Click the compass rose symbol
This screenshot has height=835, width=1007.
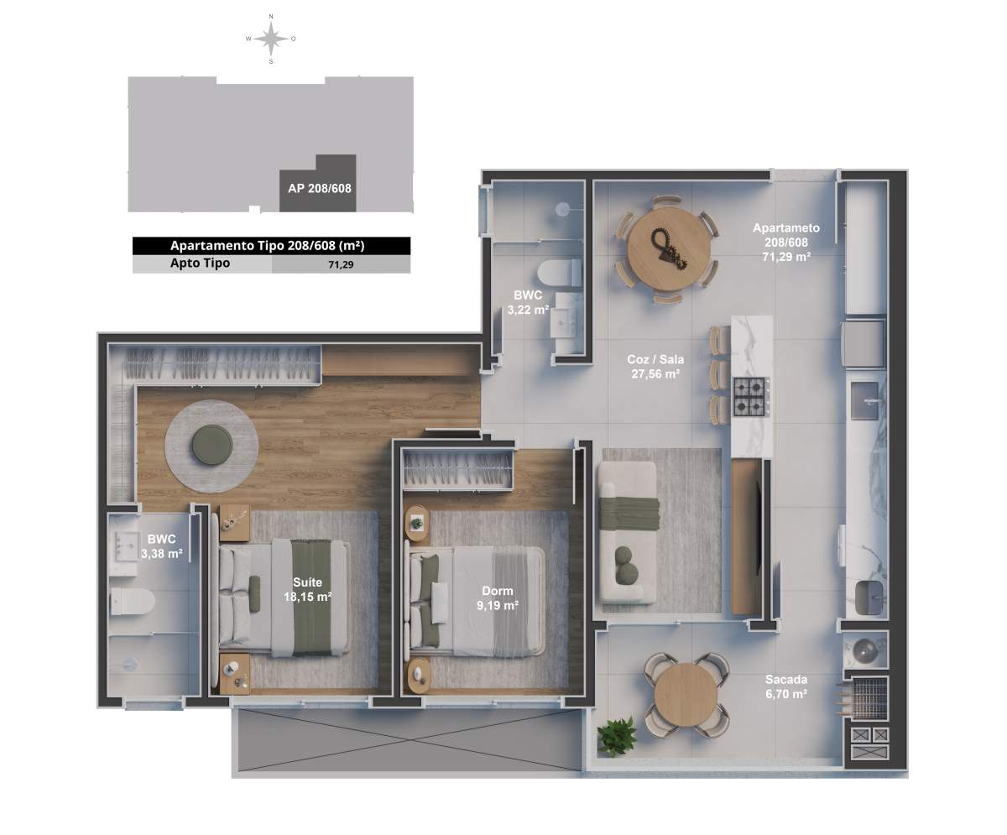(271, 39)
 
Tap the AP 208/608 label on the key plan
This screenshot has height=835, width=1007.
(319, 189)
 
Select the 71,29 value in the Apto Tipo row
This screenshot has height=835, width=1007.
(341, 264)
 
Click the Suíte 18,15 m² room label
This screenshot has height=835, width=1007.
(307, 589)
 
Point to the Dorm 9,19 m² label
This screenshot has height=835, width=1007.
(498, 598)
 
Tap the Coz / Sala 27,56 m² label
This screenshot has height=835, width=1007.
(655, 367)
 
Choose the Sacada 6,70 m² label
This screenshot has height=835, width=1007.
(786, 686)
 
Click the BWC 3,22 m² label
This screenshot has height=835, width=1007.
(528, 302)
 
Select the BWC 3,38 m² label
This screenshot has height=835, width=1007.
(162, 546)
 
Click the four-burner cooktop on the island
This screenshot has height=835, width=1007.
(750, 396)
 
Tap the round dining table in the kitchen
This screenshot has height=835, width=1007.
(669, 250)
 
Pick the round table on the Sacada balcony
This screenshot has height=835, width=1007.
(686, 695)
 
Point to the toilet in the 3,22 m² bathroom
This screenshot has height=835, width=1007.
(560, 273)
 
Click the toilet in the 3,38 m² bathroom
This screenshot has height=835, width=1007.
(133, 602)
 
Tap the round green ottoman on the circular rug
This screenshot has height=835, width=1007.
(212, 446)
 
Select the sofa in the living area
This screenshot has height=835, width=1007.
(628, 533)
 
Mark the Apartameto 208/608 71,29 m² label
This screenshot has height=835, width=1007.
(786, 243)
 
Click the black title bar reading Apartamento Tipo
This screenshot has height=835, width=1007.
(272, 246)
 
